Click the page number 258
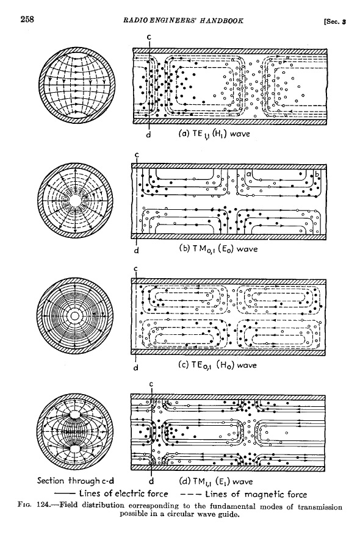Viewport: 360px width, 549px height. pyautogui.click(x=27, y=20)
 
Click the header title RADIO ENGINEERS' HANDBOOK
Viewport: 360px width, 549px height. pyautogui.click(x=183, y=21)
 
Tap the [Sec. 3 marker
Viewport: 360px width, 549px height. pyautogui.click(x=335, y=22)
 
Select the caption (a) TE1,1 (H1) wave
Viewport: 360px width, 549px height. pyautogui.click(x=214, y=134)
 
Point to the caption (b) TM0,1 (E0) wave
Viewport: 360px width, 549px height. pyautogui.click(x=218, y=249)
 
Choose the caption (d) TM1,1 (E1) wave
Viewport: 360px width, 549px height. pyautogui.click(x=216, y=481)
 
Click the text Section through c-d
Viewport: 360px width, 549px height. pyautogui.click(x=76, y=481)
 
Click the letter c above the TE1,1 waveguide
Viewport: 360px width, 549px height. pyautogui.click(x=149, y=37)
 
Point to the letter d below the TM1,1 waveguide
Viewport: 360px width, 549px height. pyautogui.click(x=152, y=481)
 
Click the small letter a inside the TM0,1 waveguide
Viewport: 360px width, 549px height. pyautogui.click(x=249, y=174)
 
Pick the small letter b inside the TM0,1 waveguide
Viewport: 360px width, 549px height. pyautogui.click(x=317, y=174)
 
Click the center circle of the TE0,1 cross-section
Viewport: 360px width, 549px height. pyautogui.click(x=74, y=316)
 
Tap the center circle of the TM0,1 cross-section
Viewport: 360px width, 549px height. pyautogui.click(x=74, y=201)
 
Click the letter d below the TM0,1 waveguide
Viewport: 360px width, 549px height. pyautogui.click(x=137, y=250)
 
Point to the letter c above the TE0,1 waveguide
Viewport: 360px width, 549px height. pyautogui.click(x=136, y=269)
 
